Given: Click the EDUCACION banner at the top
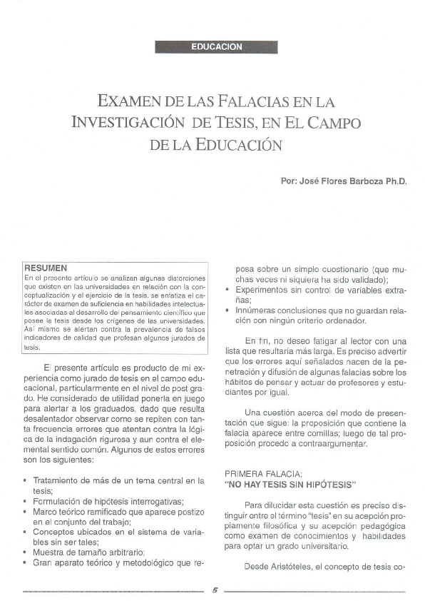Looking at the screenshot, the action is [217, 47].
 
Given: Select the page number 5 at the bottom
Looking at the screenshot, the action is [215, 590].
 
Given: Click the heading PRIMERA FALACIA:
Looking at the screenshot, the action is [263, 474].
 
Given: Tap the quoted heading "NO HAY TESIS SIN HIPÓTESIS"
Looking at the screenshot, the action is [290, 485].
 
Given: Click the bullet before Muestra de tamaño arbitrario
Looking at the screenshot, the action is [26, 552].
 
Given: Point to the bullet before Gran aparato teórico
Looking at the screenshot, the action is [26, 562].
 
